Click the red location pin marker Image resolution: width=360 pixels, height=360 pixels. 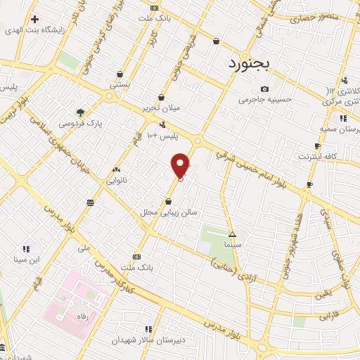tap(181, 165)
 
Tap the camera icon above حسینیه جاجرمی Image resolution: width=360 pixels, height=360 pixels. tap(264, 89)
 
